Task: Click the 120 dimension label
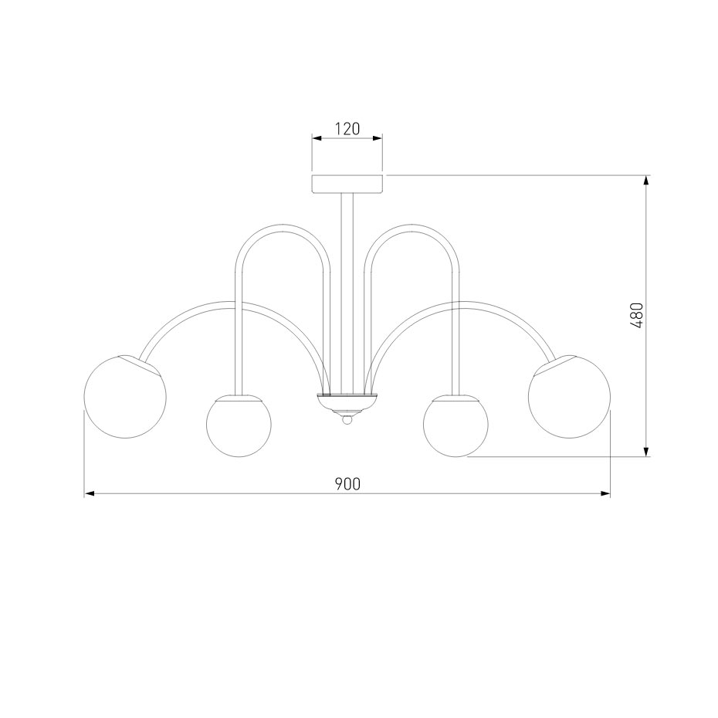pos(347,129)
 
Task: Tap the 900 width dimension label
pos(347,484)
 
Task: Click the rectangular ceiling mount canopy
pos(347,184)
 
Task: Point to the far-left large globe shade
pos(125,397)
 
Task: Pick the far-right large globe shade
pos(569,397)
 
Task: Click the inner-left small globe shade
pos(239,425)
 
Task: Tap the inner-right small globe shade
pos(456,425)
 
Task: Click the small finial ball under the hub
pos(347,419)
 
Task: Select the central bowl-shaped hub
pos(347,403)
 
